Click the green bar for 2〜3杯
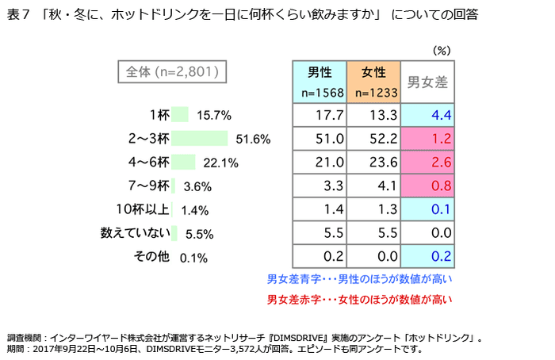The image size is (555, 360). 199,139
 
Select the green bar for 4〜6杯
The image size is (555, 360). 182,163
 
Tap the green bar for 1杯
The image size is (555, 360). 179,115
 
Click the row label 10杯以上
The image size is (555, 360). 143,210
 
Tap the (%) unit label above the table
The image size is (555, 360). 441,50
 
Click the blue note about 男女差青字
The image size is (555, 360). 360,279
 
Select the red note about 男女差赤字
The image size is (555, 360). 360,300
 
